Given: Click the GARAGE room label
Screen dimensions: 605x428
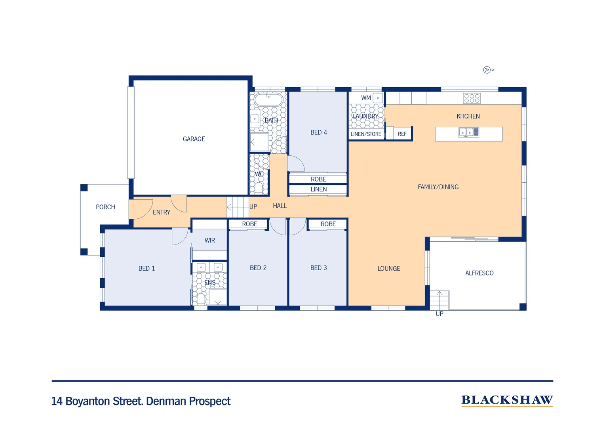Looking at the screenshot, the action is pos(194,139).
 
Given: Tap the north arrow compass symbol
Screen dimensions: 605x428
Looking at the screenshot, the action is pos(487,70).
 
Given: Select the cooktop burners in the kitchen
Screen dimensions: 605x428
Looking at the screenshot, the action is pos(472,98).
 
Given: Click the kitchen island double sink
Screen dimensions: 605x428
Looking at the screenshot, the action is pos(469,132).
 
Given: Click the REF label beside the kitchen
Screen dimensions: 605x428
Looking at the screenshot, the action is pos(402,134).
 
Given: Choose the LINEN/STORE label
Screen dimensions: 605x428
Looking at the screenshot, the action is pos(366,134).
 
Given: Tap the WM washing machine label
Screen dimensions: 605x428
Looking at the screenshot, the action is pos(366,98).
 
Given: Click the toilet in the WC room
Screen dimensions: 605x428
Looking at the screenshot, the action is pos(259,187).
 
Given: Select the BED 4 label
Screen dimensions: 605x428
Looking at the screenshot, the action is pos(318,132).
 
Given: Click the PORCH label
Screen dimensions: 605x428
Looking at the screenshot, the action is pos(105,207).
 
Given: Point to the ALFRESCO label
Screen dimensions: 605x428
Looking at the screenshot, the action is pos(479,273).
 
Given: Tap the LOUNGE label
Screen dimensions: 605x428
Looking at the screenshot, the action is pos(389,268).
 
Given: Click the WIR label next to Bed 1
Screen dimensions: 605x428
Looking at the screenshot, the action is pos(209,241).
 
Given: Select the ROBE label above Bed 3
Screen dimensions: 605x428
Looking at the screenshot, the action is pos(328,224).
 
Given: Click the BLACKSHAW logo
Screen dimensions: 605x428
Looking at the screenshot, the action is pos(507,400).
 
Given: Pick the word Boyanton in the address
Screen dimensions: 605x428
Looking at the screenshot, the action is pos(88,401).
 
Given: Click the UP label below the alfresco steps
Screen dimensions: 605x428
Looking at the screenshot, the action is pos(439,314).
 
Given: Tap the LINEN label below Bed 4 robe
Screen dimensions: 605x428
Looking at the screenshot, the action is pos(318,189).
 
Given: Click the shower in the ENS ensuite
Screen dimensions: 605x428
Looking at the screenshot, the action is pos(218,297).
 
